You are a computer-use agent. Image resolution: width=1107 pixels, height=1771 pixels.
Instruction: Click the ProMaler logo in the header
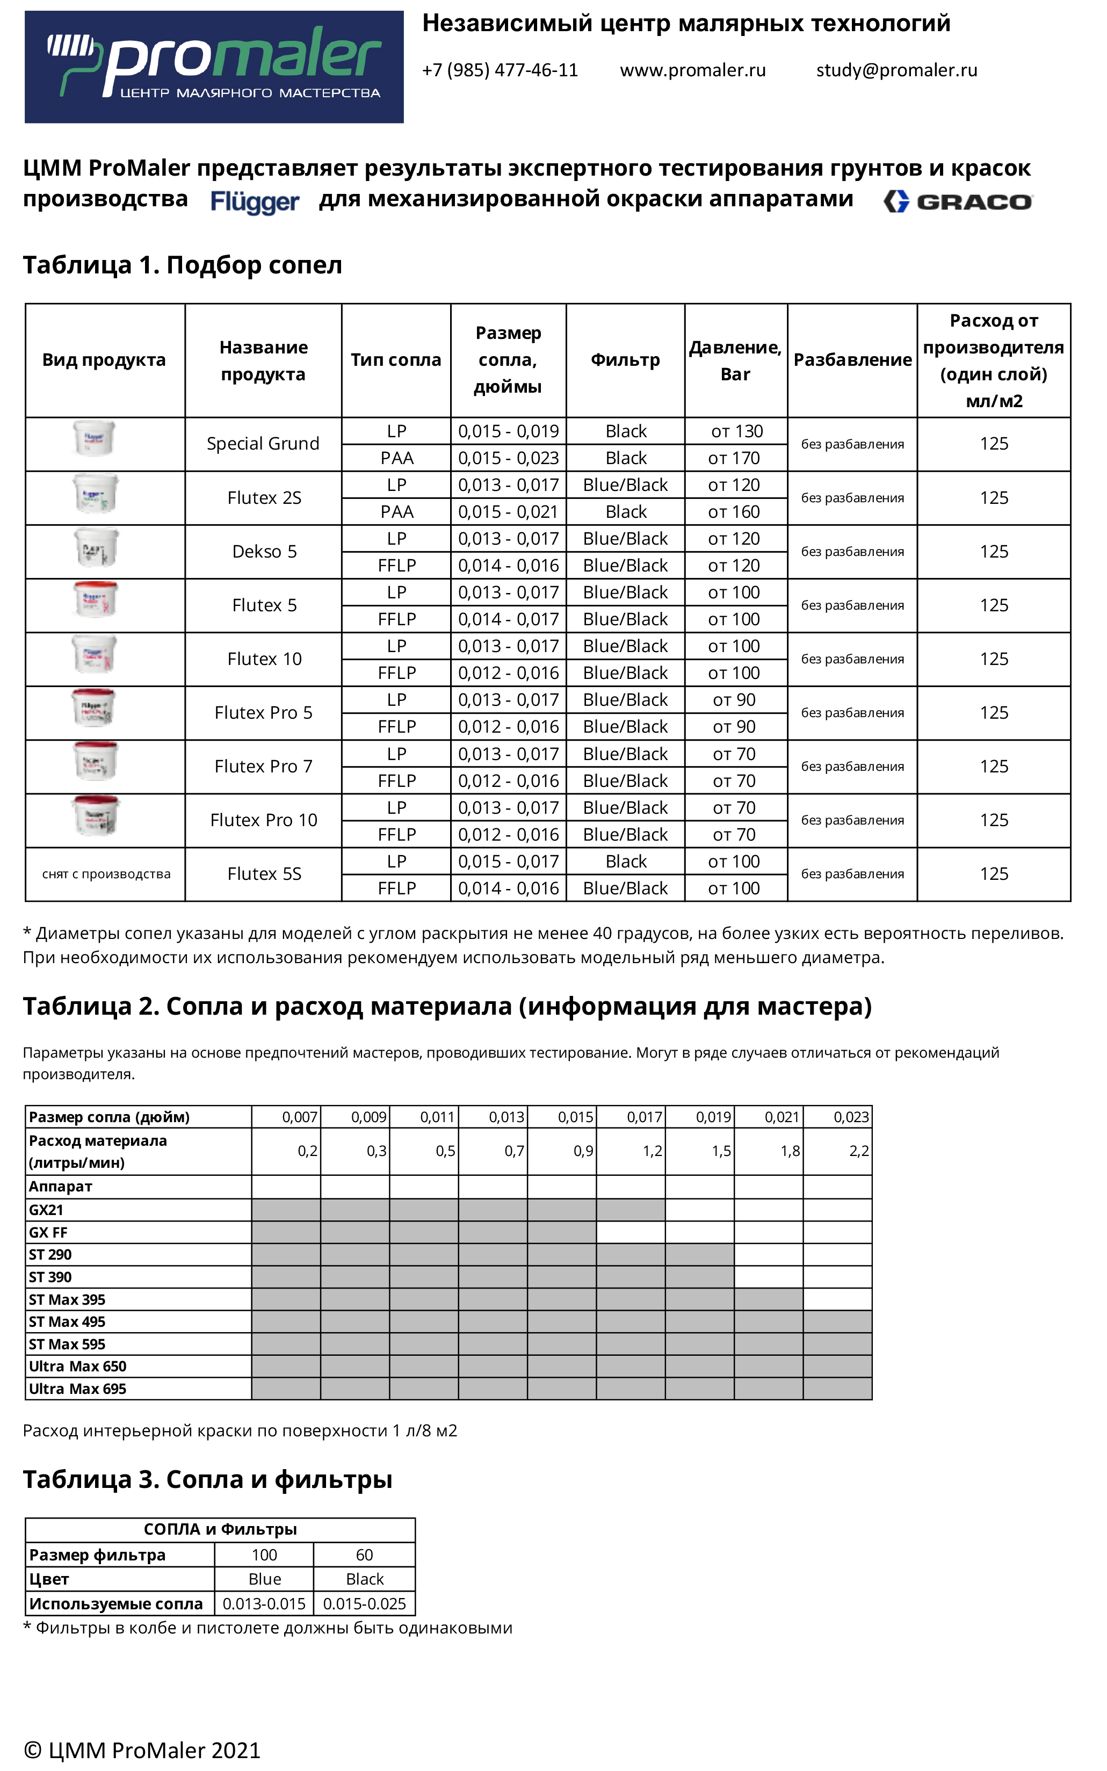point(214,67)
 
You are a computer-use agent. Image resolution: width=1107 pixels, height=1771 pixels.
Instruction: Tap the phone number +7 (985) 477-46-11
point(500,70)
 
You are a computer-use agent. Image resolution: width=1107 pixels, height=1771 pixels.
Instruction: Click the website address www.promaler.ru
point(692,70)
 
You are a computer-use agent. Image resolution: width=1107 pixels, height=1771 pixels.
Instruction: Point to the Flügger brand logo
point(255,201)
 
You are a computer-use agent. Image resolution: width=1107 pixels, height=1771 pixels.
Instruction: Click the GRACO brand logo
point(958,201)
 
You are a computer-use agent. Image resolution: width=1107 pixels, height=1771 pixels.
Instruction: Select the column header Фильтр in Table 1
point(625,360)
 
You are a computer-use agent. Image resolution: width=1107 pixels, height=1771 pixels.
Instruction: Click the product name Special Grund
point(263,444)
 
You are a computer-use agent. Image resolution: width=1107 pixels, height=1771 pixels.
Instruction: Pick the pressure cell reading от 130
point(736,431)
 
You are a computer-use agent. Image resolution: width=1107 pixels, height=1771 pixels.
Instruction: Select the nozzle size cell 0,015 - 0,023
point(508,458)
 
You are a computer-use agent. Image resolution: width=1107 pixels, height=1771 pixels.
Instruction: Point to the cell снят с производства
point(106,874)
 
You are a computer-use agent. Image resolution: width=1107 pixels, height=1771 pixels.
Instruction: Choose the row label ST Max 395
point(67,1299)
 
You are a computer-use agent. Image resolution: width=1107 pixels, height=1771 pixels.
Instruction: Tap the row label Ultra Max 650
point(77,1366)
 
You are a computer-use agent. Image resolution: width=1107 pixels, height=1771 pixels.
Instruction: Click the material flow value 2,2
point(859,1151)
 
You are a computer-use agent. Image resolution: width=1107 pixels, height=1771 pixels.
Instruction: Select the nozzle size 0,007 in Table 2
point(300,1117)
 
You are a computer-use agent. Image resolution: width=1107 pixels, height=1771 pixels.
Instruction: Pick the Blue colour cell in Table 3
point(264,1579)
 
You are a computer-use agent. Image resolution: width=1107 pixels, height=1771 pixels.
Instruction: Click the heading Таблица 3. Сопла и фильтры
point(207,1479)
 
